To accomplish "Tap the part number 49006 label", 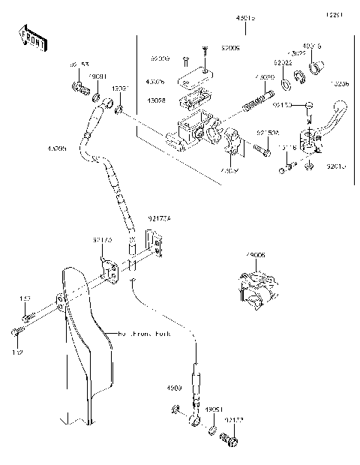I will pyautogui.click(x=256, y=256).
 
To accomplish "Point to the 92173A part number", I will pyautogui.click(x=160, y=218).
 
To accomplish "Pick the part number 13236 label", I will pyautogui.click(x=340, y=85).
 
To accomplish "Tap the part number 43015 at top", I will pyautogui.click(x=246, y=16).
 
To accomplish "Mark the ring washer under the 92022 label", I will pyautogui.click(x=285, y=78).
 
